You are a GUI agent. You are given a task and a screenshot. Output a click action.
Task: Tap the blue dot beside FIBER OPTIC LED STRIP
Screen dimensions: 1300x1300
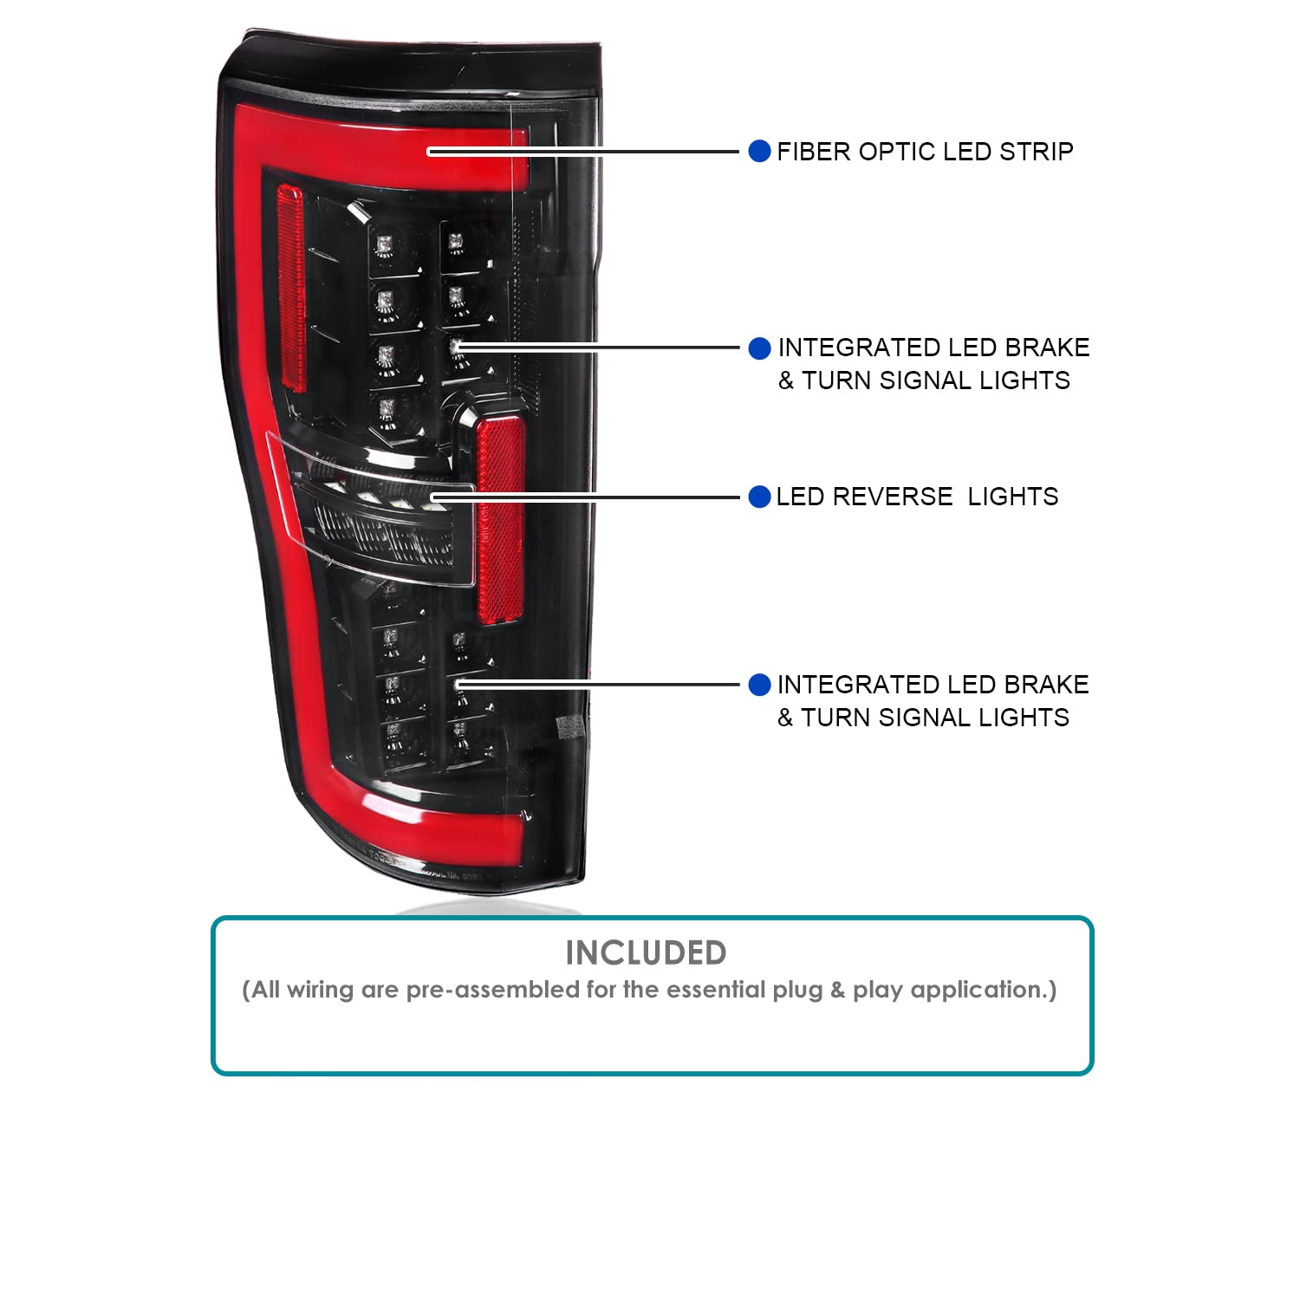759,152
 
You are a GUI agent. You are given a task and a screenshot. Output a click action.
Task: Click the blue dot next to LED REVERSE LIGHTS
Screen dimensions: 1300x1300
759,497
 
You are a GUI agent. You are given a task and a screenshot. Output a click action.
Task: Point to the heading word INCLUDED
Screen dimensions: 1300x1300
646,952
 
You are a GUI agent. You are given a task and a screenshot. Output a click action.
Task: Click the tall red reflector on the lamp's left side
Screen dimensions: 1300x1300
290,288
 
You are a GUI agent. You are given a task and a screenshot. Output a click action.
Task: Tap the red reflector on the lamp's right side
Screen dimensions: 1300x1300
501,520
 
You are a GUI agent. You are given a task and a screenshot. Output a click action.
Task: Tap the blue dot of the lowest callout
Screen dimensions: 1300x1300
759,685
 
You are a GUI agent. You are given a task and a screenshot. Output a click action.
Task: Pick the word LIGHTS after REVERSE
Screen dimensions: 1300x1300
1013,497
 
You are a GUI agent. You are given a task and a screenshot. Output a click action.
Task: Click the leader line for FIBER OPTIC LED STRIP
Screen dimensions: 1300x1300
582,152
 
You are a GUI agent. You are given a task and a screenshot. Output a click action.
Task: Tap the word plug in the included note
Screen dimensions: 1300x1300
797,990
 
